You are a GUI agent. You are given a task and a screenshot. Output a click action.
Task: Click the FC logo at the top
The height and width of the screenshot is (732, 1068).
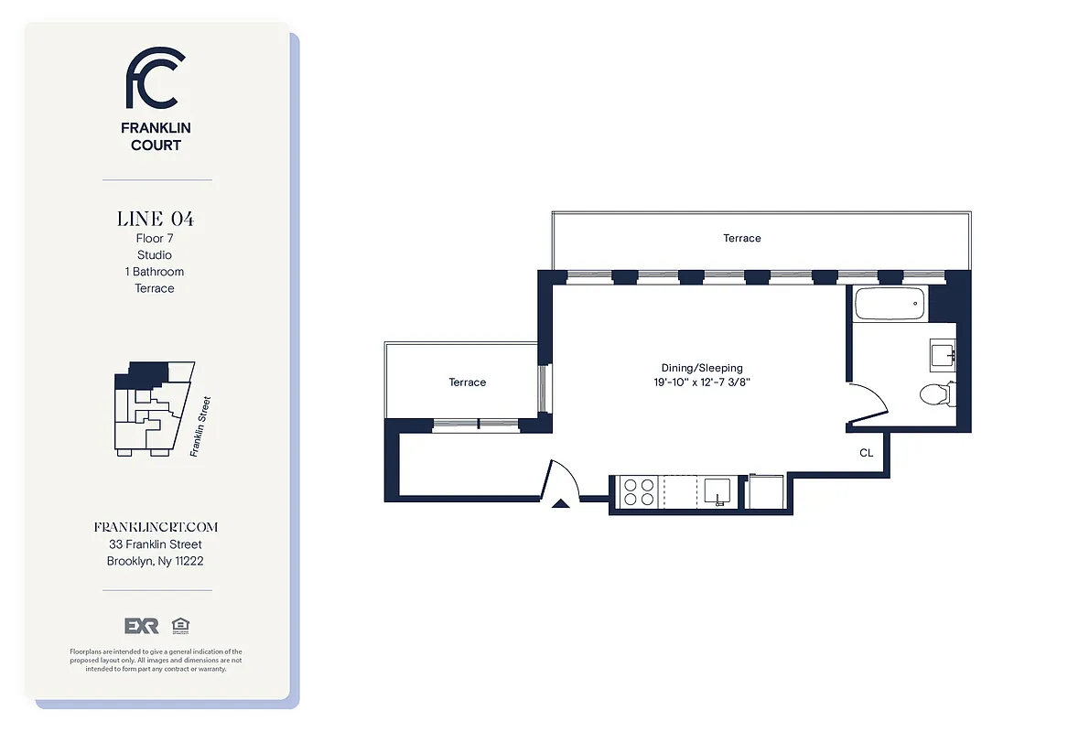point(155,78)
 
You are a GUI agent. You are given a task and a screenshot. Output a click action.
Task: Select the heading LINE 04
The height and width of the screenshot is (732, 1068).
point(155,219)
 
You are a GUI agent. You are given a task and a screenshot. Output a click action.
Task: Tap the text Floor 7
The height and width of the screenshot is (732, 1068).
point(155,238)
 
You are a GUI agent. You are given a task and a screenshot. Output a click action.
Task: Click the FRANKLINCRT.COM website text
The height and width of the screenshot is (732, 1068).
point(156,527)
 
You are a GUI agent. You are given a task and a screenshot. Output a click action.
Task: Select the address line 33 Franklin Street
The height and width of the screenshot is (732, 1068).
point(156,544)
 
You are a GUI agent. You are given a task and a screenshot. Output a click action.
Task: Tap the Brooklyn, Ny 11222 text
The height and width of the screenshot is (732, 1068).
point(156,561)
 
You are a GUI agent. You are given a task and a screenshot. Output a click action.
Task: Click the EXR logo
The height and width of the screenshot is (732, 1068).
point(142,626)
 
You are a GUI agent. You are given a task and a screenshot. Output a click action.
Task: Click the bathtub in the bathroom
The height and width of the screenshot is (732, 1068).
point(890,304)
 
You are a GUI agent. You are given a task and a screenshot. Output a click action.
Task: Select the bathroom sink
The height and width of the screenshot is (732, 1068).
point(943,352)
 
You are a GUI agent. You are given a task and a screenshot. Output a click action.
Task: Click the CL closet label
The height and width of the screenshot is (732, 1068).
point(866,453)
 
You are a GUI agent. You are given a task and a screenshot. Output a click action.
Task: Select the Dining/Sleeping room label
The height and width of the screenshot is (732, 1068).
point(702,368)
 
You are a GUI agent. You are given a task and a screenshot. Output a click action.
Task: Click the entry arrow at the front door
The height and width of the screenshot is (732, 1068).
point(563,501)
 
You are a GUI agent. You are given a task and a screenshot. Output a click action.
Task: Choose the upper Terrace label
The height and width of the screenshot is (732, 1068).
point(741,238)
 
